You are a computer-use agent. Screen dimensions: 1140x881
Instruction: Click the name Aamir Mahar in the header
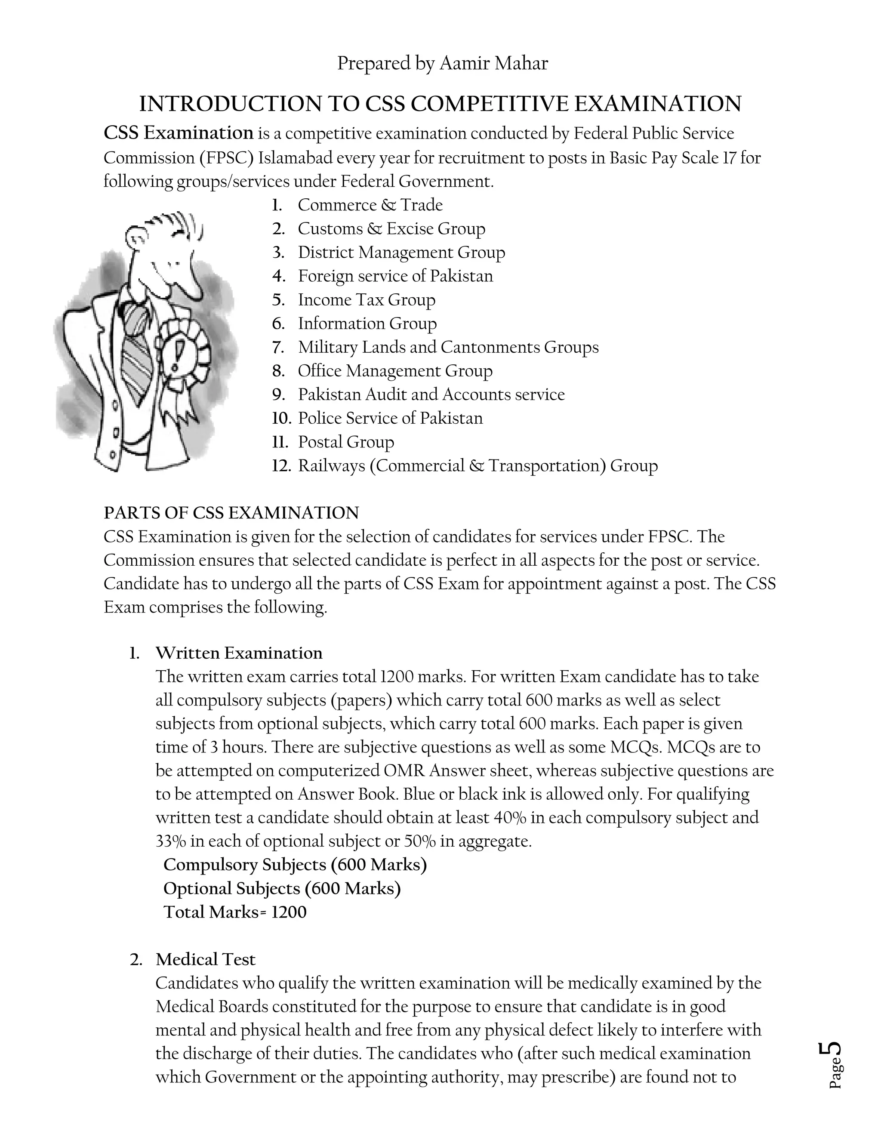(x=493, y=64)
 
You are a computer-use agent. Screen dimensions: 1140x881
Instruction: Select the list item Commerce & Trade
(x=370, y=205)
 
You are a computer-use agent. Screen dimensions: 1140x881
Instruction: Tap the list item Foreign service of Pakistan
(x=395, y=276)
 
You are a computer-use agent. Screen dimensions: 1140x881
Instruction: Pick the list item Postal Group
(x=345, y=442)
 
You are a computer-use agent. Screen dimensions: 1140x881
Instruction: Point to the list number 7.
(x=278, y=348)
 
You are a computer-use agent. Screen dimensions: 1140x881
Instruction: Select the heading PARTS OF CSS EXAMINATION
(x=231, y=513)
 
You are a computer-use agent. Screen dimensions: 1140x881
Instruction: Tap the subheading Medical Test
(x=205, y=960)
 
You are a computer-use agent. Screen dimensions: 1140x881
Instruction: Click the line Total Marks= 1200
(x=235, y=912)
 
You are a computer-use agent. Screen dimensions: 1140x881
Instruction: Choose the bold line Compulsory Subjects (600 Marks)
(x=295, y=865)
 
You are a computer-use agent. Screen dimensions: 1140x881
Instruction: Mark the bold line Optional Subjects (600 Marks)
(x=282, y=889)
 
